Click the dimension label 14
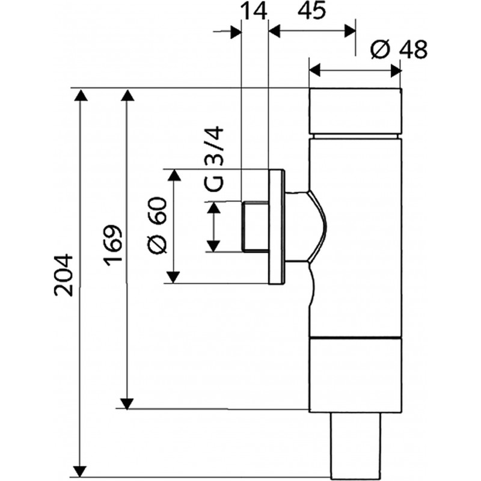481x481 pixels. (254, 11)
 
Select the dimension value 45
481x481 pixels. (311, 11)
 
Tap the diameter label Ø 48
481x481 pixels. (399, 49)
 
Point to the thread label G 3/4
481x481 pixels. (214, 159)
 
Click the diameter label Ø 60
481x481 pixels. (158, 225)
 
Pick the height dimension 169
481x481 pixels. (112, 245)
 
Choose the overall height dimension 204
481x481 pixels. (64, 275)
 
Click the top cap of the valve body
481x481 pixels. (355, 111)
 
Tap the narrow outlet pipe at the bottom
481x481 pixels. (356, 445)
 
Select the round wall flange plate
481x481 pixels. (277, 227)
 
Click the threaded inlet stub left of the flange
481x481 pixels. (255, 227)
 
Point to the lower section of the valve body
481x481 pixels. (355, 374)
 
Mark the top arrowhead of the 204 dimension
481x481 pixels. (81, 95)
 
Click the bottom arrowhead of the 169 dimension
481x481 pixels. (127, 403)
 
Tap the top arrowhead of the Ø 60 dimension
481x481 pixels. (174, 175)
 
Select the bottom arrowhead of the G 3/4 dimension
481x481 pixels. (213, 247)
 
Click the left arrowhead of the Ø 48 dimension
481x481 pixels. (314, 70)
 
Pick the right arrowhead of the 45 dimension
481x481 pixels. (350, 31)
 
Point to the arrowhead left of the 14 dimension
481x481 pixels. (236, 32)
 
